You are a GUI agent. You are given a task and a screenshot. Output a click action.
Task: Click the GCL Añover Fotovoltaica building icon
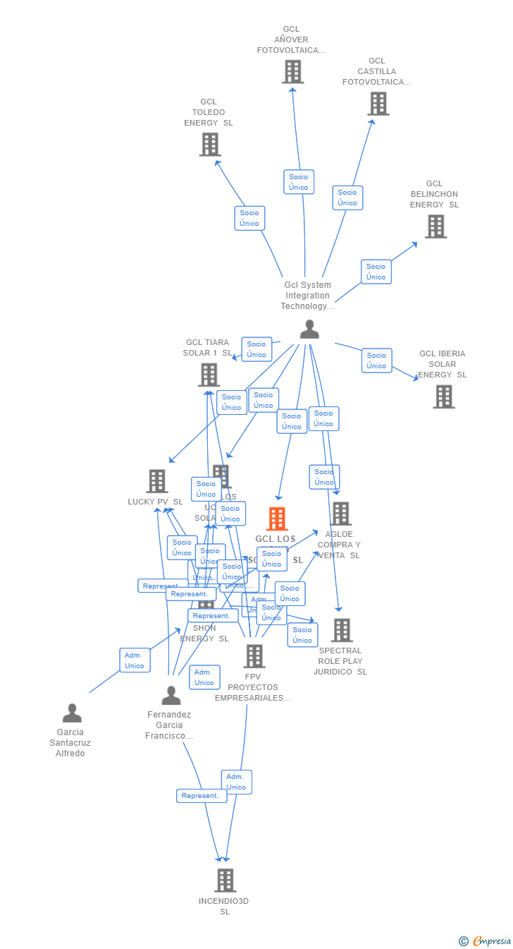pos(292,71)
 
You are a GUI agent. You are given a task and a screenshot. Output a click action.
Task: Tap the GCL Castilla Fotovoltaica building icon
pos(378,103)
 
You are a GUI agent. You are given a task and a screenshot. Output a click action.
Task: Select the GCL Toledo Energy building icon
pos(210,144)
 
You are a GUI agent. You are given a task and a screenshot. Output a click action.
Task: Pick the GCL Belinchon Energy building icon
pos(435,226)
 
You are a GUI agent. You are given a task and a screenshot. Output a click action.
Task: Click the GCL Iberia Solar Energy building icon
pos(443,397)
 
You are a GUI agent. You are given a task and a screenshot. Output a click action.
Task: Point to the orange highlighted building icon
pos(277,519)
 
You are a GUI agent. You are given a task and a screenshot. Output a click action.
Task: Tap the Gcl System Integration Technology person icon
pos(309,330)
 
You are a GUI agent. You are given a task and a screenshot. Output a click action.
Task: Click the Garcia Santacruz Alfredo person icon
pos(72,713)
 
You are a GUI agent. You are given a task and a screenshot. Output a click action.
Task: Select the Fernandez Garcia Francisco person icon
pos(171,696)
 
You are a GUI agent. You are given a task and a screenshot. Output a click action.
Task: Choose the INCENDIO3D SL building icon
pos(225,880)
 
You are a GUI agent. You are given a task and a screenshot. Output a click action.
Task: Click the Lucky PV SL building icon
pos(156,480)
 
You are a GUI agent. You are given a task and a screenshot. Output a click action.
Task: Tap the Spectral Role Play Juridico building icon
pos(342,630)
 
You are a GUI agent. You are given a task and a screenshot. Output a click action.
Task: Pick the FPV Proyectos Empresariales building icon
pos(254,655)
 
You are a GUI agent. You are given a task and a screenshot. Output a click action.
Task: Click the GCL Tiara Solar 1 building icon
pos(209,375)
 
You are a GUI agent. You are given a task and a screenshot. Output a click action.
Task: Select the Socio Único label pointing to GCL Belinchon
pos(376,272)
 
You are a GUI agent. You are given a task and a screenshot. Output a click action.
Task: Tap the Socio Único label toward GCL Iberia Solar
pos(376,360)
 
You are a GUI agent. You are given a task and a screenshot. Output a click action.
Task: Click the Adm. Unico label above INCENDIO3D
pos(236,782)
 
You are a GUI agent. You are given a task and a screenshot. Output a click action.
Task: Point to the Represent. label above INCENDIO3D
pos(201,796)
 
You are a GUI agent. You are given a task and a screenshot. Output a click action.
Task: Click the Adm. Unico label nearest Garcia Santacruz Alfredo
pos(135,660)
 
